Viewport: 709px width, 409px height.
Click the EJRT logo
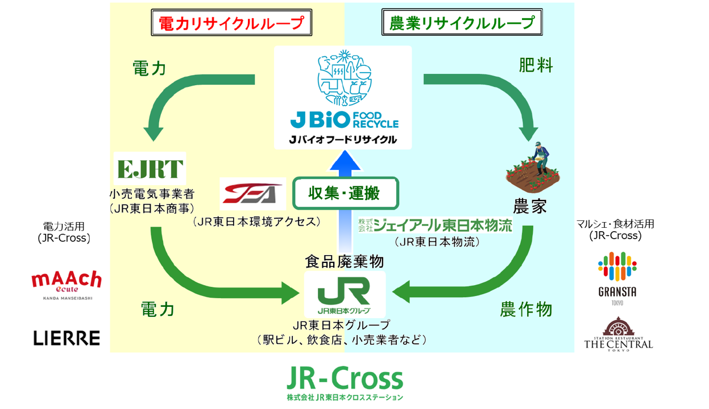tap(150, 169)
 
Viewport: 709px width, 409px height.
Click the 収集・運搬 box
tap(344, 194)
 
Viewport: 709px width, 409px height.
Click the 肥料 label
tap(536, 65)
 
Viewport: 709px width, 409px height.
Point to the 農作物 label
tap(526, 310)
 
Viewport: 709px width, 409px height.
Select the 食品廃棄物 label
tap(344, 262)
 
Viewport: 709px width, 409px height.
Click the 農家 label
tap(530, 206)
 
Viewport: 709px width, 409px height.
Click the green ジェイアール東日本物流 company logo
tap(435, 226)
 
